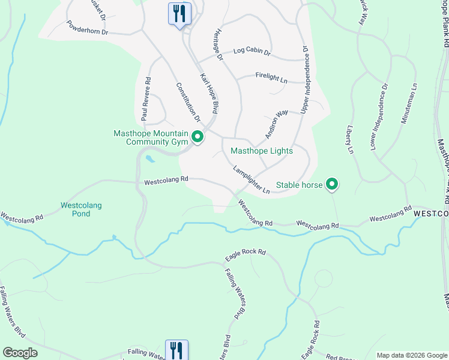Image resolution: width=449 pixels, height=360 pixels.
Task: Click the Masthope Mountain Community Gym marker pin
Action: pos(197,138)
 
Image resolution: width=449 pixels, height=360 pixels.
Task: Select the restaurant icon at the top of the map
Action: pos(179,13)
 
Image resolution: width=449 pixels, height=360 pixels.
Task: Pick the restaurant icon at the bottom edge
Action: pos(176,350)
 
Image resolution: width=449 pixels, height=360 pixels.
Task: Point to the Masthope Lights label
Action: pos(262,151)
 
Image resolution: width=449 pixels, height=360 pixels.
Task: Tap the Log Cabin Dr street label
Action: pos(252,53)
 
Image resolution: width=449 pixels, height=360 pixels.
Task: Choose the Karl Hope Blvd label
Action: pos(208,94)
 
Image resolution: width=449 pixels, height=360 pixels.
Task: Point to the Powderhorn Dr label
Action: pos(87,27)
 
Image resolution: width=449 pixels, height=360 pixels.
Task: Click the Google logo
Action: pos(20,353)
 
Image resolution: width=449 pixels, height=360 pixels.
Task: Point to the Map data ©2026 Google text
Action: pos(411,355)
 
